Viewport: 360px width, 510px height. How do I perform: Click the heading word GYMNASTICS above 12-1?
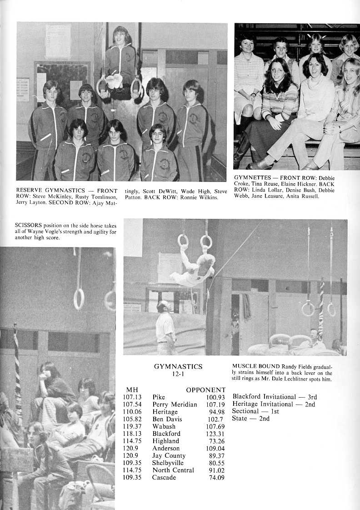178,367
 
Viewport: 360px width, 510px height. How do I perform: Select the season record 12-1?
178,374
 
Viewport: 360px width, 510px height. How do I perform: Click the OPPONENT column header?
205,390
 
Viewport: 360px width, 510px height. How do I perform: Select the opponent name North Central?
173,470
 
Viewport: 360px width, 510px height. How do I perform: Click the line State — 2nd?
250,419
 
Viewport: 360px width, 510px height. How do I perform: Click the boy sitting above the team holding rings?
120,59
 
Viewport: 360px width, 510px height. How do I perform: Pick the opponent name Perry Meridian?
175,404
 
